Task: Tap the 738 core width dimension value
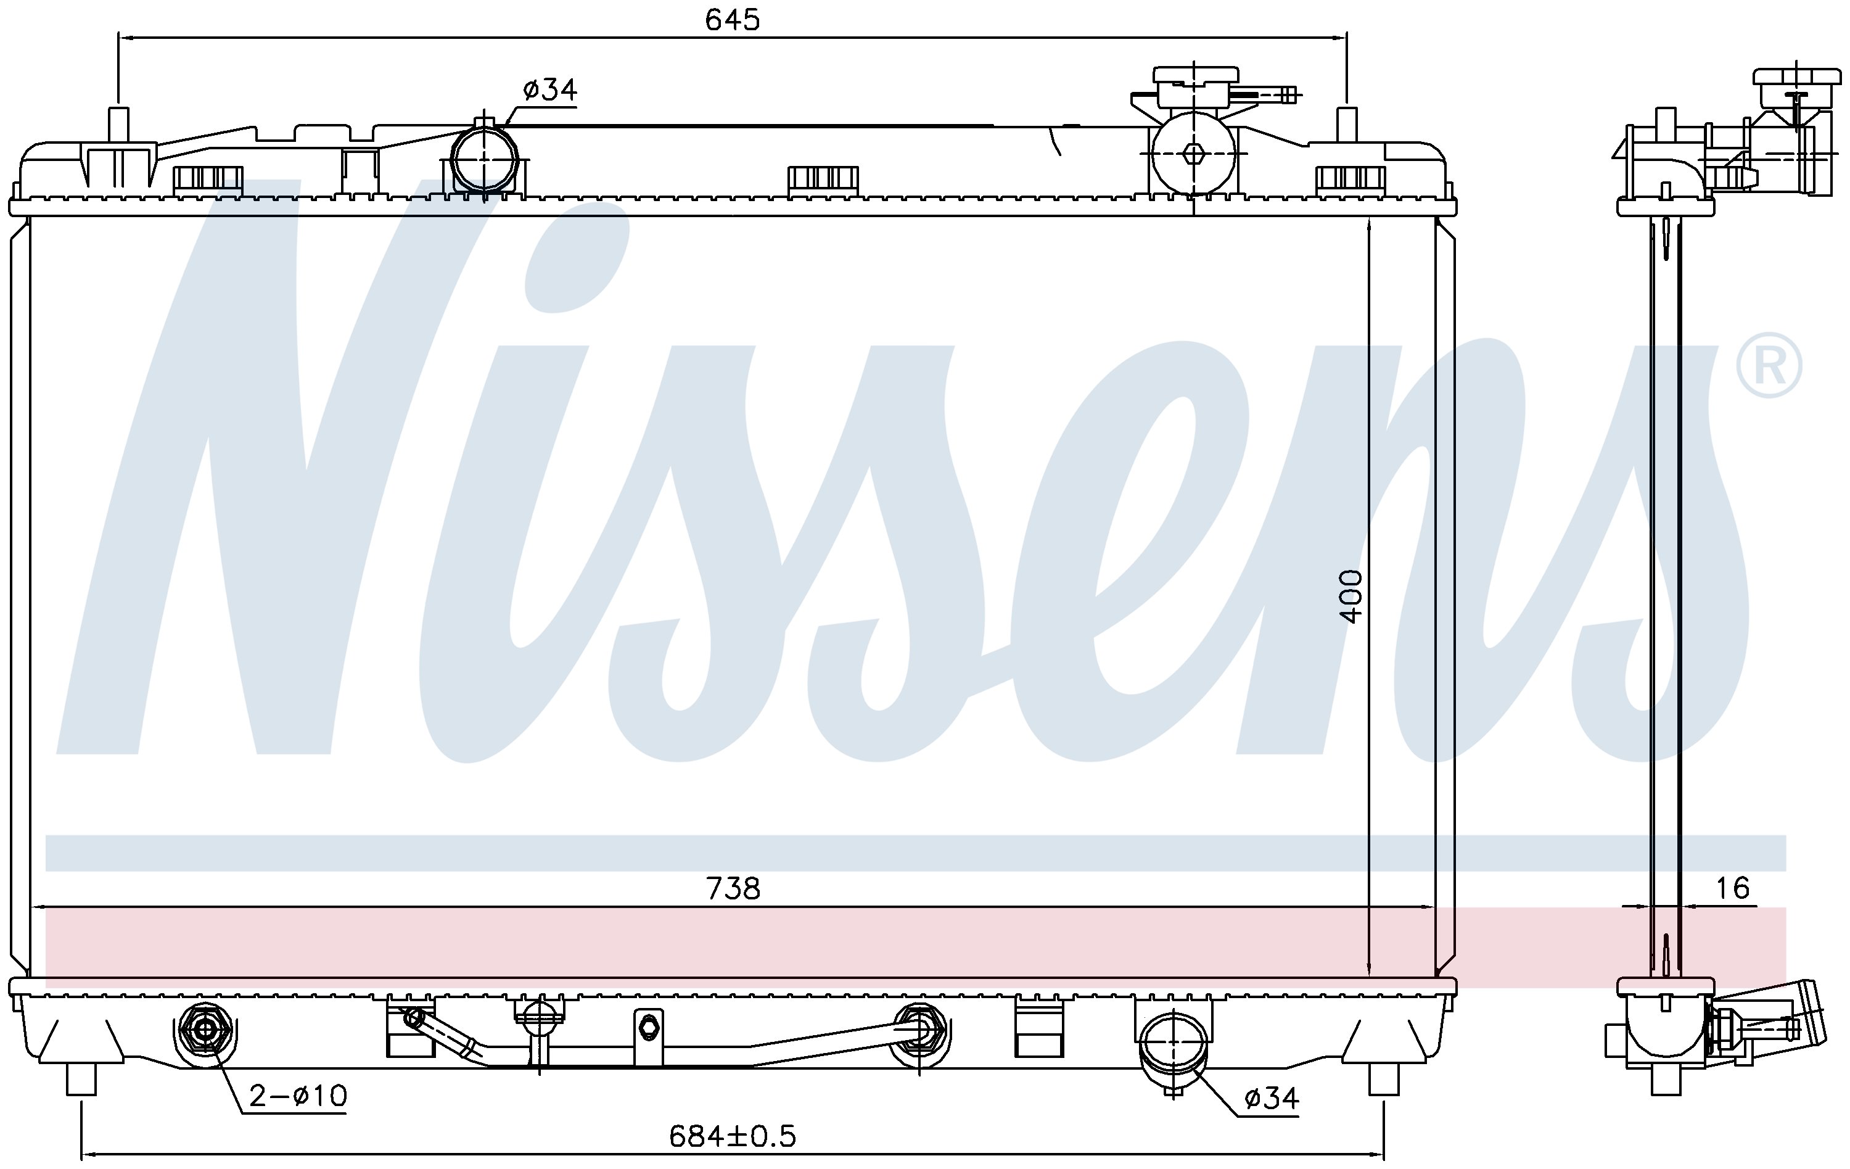733,889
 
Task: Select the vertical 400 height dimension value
1350,597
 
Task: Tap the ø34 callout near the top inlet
549,90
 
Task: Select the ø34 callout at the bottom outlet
1272,1098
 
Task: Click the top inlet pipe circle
484,157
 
